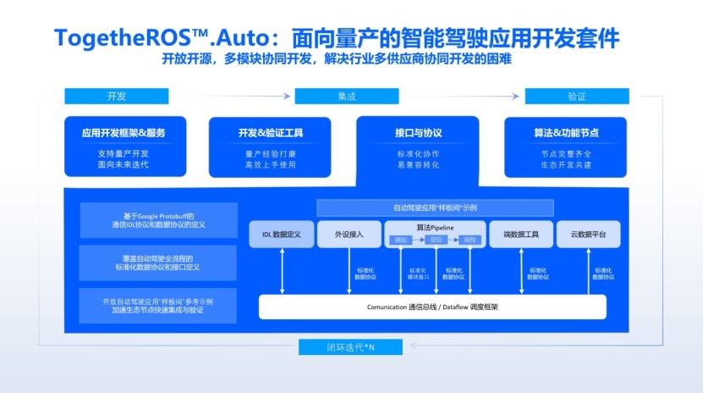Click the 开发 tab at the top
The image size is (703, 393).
click(x=117, y=97)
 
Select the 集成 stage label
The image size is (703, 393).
click(x=346, y=97)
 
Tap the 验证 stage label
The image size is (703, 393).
click(x=576, y=97)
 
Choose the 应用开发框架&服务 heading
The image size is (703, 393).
click(x=124, y=133)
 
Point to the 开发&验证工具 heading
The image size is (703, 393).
click(x=270, y=133)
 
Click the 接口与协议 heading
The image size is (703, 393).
click(x=418, y=133)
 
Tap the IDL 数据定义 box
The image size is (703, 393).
click(x=282, y=234)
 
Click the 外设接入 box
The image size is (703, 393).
click(x=349, y=234)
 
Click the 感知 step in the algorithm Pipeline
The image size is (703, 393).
click(x=401, y=241)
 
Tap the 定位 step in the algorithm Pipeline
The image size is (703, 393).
click(x=437, y=241)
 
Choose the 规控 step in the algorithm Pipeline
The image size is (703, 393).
click(x=470, y=241)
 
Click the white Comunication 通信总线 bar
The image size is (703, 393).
click(x=431, y=306)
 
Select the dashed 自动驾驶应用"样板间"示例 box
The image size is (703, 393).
click(x=435, y=208)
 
